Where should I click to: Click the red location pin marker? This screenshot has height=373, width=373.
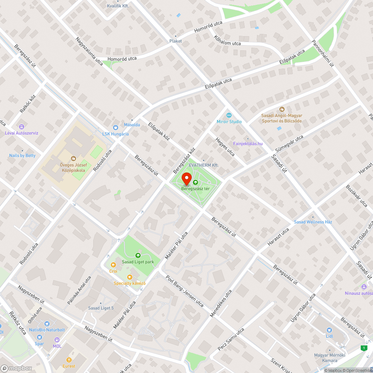point(186,179)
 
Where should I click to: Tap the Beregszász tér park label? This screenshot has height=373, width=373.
point(195,189)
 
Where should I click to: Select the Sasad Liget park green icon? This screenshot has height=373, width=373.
point(138,256)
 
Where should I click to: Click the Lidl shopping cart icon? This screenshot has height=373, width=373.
point(329,330)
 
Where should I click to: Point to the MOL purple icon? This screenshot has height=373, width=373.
point(57,340)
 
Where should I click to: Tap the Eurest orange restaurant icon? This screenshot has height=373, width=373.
point(69,360)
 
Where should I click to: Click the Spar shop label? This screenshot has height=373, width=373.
point(39,344)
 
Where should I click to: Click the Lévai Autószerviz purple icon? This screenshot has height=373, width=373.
point(22,127)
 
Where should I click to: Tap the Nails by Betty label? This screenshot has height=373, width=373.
point(22,156)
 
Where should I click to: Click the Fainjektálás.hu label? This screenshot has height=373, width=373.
point(248,144)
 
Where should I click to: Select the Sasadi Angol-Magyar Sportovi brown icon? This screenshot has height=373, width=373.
point(282,109)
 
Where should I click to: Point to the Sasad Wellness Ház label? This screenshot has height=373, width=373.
point(313,222)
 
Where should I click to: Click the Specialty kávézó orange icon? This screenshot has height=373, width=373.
point(129,277)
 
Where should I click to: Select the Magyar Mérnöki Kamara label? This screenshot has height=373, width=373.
point(320,358)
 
